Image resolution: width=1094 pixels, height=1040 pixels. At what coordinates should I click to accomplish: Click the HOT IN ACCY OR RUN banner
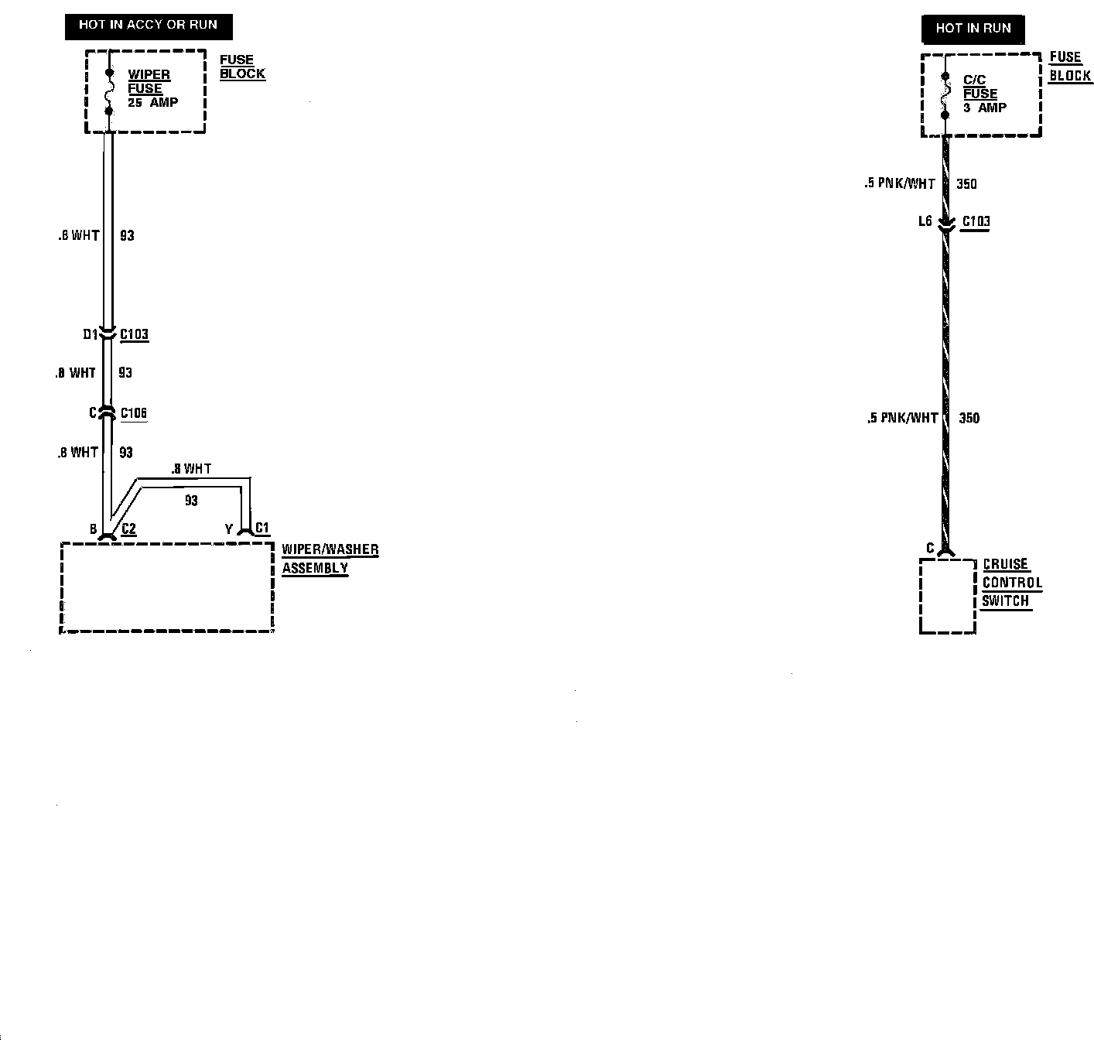(x=148, y=26)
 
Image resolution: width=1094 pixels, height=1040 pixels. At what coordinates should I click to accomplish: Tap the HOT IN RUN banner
(x=973, y=29)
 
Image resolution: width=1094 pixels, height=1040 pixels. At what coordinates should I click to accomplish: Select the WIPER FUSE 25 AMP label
(x=152, y=88)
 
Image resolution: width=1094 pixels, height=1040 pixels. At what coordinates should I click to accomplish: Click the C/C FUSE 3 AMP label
(x=983, y=94)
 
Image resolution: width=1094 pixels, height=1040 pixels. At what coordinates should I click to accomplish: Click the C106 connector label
(x=134, y=413)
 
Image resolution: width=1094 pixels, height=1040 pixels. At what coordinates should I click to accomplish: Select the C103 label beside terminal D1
(x=134, y=334)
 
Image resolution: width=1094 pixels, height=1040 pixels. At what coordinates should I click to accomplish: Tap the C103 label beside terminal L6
(x=976, y=222)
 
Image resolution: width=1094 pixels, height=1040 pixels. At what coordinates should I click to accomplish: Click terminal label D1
(x=91, y=334)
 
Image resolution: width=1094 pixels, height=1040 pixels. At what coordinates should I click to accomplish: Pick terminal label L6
(x=925, y=222)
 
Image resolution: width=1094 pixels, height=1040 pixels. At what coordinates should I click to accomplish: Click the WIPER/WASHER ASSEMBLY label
(x=330, y=559)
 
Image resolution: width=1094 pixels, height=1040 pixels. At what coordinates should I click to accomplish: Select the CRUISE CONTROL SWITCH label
(x=1011, y=583)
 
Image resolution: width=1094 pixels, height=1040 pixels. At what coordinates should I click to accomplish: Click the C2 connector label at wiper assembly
(x=129, y=529)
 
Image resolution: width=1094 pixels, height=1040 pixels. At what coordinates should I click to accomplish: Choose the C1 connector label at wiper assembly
(x=262, y=529)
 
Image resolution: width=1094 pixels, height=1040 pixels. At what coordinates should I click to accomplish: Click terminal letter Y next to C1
(x=229, y=529)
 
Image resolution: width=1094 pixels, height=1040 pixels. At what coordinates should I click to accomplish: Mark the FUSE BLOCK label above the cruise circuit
(x=1069, y=67)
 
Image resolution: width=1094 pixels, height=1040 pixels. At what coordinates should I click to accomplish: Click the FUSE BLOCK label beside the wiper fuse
(x=241, y=67)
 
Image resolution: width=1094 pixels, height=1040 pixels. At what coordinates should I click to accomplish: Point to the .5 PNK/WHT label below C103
(x=902, y=419)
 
